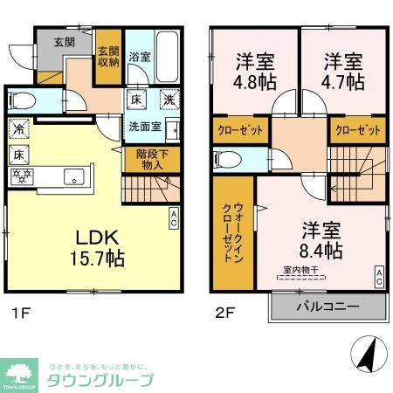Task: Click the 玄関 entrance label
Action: pyautogui.click(x=64, y=41)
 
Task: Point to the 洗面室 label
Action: pyautogui.click(x=145, y=126)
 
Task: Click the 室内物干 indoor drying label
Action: pyautogui.click(x=300, y=270)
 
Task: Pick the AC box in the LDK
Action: pyautogui.click(x=174, y=215)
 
